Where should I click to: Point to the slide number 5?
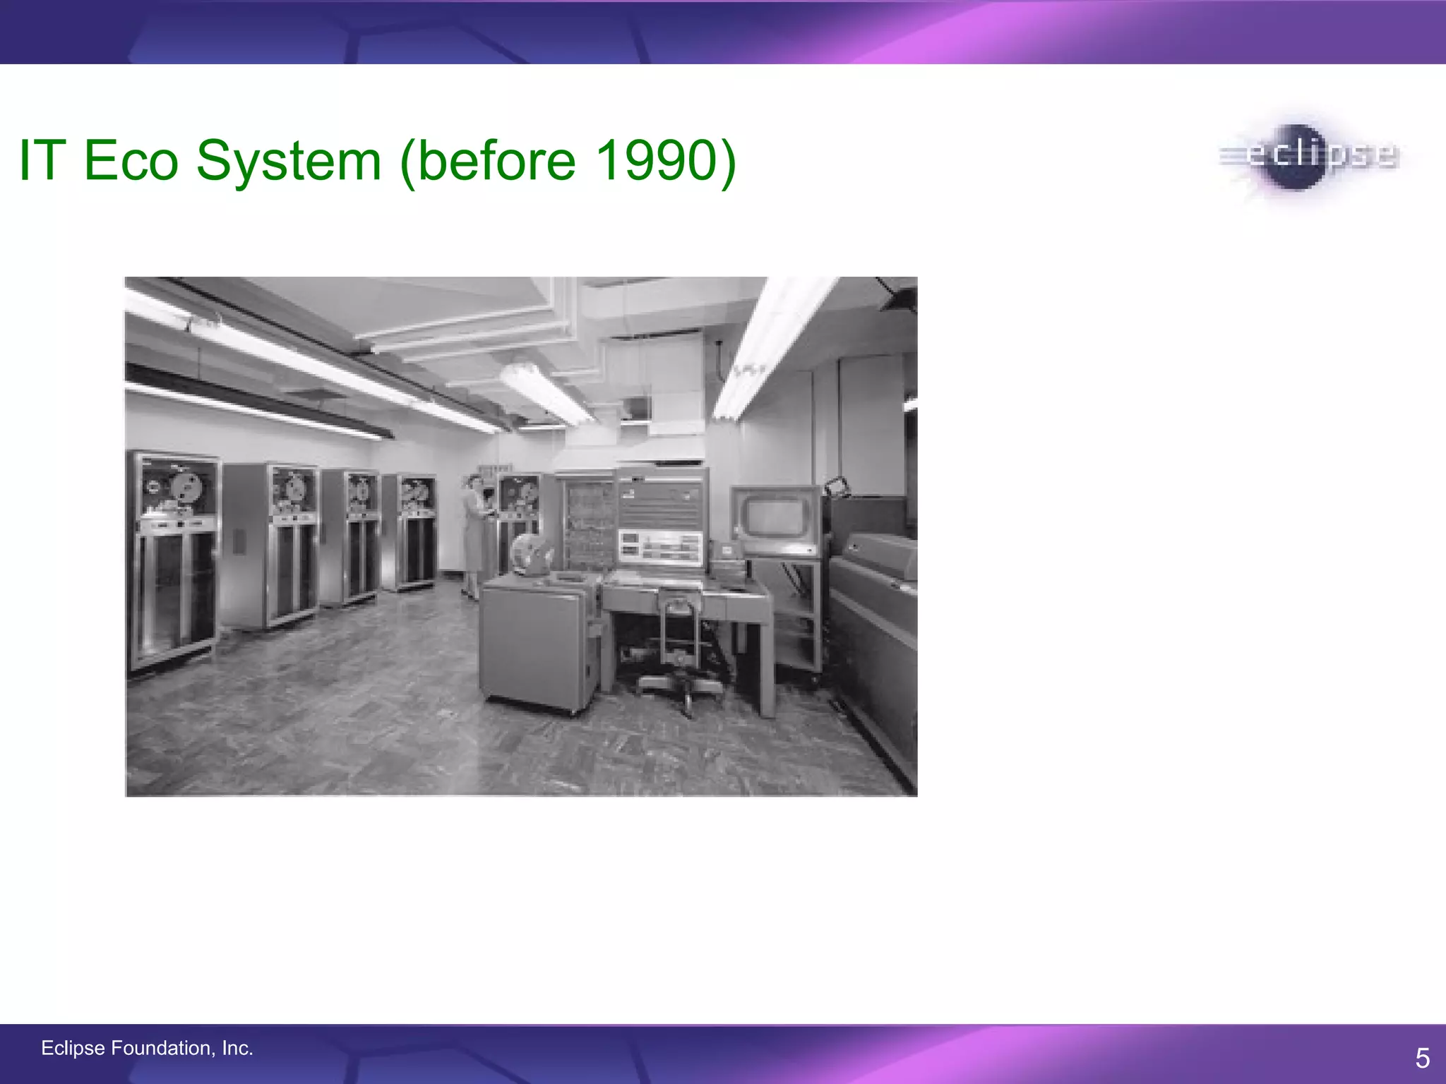[x=1422, y=1058]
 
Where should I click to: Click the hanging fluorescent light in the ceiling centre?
[x=548, y=392]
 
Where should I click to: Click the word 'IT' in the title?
[x=42, y=161]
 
